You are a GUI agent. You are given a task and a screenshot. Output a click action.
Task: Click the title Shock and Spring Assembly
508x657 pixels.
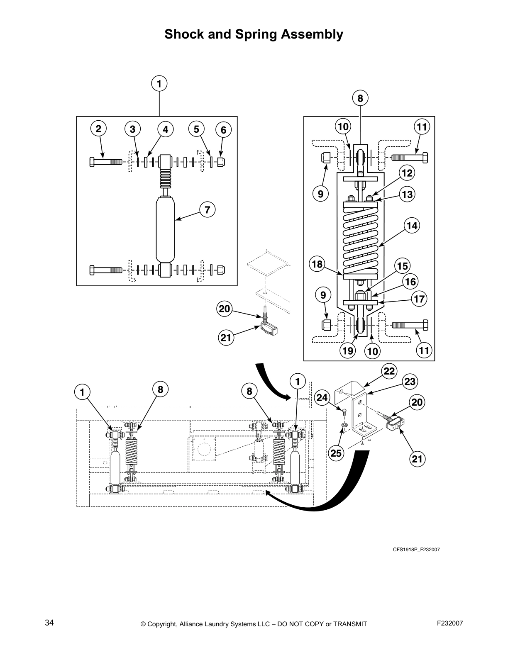coord(254,34)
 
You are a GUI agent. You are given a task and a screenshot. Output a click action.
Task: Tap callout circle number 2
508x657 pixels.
coord(98,129)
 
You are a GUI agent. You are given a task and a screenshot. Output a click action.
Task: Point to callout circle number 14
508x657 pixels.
coord(411,226)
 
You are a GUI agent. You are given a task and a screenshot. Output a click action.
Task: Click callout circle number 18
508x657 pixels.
coord(317,265)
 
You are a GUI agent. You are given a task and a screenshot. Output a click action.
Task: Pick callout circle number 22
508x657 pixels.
coord(389,371)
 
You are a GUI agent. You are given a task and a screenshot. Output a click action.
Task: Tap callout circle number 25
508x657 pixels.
coord(336,453)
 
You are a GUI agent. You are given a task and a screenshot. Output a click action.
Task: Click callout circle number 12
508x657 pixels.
coord(407,173)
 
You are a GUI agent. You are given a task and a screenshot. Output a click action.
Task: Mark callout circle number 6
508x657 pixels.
coord(223,130)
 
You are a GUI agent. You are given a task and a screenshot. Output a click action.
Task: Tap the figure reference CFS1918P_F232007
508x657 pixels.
coord(416,550)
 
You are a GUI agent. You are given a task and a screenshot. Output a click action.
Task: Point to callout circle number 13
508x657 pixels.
coord(408,194)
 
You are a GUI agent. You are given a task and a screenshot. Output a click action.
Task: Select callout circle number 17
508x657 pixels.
coord(419,299)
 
